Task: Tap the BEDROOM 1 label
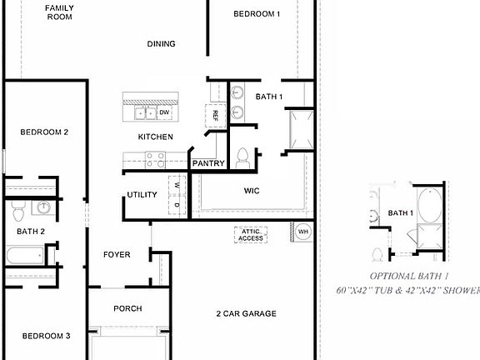[x=256, y=13]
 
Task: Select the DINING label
[x=161, y=44]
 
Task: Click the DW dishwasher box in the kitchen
[x=164, y=112]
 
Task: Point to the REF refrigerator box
[x=215, y=113]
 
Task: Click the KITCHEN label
[x=155, y=137]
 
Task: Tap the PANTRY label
[x=208, y=163]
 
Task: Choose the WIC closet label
[x=252, y=191]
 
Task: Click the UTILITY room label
[x=142, y=195]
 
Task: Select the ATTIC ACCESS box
[x=250, y=235]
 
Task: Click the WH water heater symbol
[x=303, y=231]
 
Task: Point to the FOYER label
[x=117, y=254]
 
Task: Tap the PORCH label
[x=127, y=308]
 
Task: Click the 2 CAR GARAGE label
[x=246, y=313]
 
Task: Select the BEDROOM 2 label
[x=44, y=132]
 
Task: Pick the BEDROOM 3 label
[x=46, y=336]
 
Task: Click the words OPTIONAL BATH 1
[x=409, y=276]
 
